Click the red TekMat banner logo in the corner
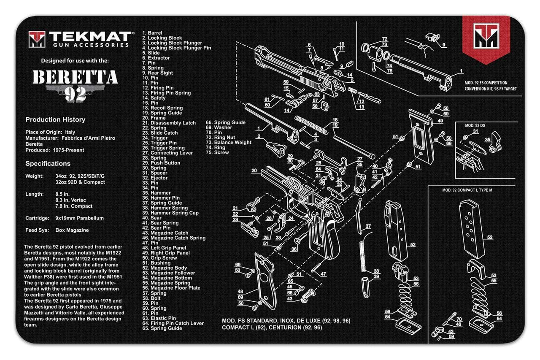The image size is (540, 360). coord(486,38)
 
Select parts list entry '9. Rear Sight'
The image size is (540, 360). coord(157,73)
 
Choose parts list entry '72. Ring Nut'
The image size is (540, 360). coord(222,138)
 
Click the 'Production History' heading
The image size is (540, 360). coord(55,120)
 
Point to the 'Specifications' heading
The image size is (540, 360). coord(48,164)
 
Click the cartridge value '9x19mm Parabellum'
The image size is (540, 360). coord(79,218)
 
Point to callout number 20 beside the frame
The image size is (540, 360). coord(254,171)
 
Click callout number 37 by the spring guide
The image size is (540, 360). coord(368,227)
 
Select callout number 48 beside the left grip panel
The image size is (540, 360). coord(240,292)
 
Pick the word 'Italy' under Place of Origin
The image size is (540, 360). coord(70,132)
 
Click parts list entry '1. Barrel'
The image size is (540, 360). coord(152,33)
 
